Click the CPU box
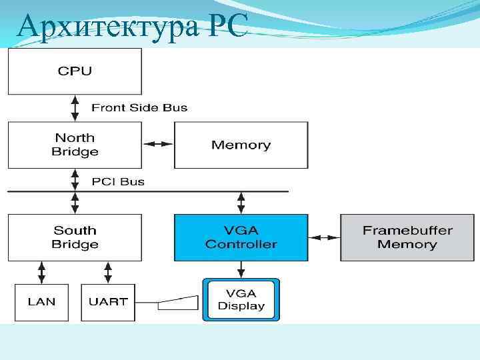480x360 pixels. [75, 71]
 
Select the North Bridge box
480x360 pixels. [75, 145]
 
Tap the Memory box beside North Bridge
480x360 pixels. [241, 145]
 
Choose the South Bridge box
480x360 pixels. [75, 237]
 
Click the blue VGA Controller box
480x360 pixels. [241, 237]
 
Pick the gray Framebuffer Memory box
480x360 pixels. [407, 237]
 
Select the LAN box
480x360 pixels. [41, 302]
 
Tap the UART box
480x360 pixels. [108, 302]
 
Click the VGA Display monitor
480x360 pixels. [241, 299]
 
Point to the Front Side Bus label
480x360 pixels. [139, 107]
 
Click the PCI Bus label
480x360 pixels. [117, 181]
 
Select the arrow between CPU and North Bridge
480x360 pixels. [75, 107]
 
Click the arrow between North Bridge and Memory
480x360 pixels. [158, 144]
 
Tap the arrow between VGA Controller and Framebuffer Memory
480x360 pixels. [324, 237]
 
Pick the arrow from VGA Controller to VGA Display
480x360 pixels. [241, 269]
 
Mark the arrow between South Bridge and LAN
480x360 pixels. [41, 272]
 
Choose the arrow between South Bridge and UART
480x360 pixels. [108, 272]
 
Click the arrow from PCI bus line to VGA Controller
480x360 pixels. [241, 203]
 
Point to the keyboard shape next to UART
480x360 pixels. [178, 303]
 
